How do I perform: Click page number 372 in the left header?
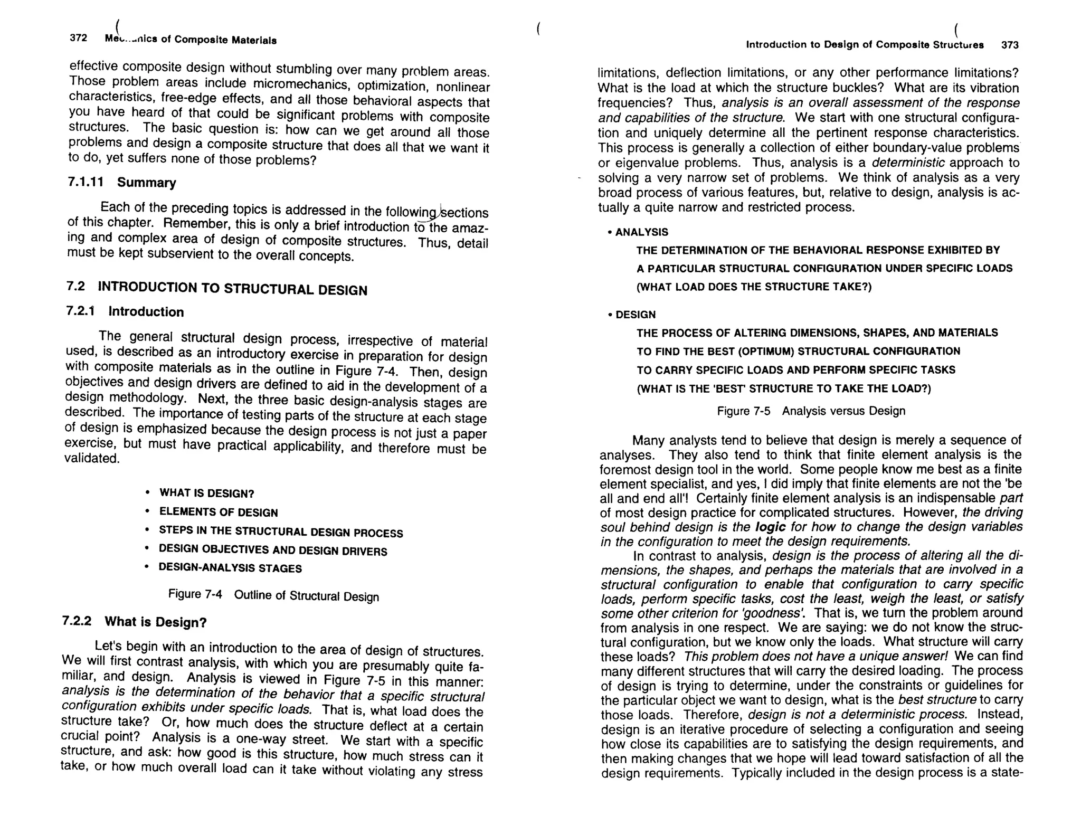coord(78,39)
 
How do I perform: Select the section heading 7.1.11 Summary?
coord(122,182)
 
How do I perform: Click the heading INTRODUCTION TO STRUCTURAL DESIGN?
coord(232,289)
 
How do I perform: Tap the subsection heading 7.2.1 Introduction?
coord(125,311)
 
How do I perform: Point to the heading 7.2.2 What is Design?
coord(134,622)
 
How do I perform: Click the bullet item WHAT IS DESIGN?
coord(206,494)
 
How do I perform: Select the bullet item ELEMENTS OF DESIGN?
coord(218,513)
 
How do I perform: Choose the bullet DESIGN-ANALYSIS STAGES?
coord(230,568)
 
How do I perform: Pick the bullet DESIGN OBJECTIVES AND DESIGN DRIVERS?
coord(273,550)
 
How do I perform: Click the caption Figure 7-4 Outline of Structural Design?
coord(273,595)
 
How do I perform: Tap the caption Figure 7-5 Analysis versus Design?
coord(811,411)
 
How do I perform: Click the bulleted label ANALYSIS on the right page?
coord(641,232)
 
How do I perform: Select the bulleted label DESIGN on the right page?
coord(635,315)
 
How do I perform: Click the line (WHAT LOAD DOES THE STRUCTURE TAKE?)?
coord(754,287)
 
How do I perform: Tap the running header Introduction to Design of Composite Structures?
coord(865,45)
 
